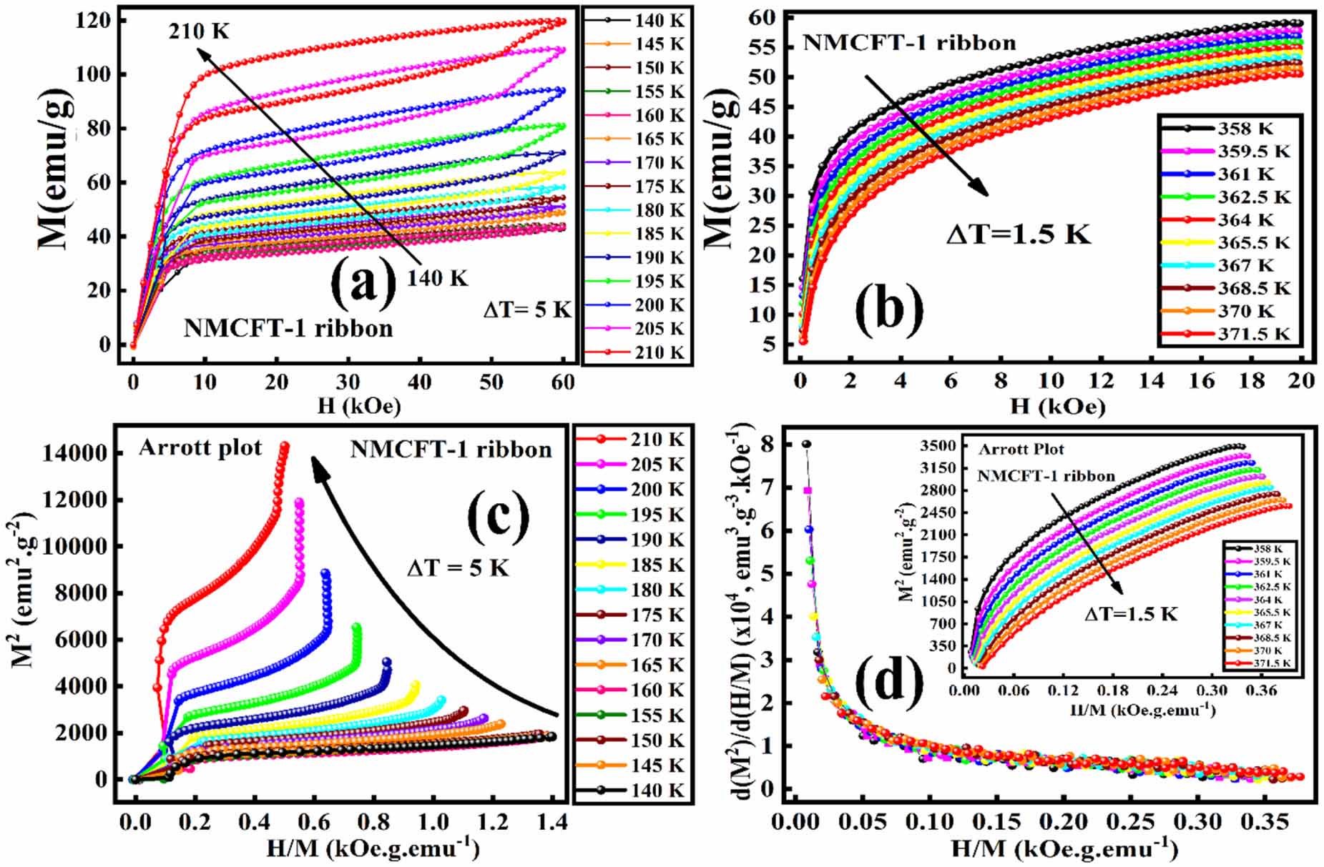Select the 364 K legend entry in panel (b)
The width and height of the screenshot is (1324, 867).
point(1245,220)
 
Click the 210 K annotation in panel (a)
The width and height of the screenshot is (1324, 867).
point(199,31)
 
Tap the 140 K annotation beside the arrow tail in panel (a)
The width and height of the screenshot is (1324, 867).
point(437,278)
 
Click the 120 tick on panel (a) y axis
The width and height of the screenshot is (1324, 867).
point(94,21)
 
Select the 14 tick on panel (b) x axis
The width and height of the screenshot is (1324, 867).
point(1151,381)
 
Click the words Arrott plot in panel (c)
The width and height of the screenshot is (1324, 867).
point(200,448)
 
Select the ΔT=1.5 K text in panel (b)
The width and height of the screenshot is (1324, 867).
point(1018,234)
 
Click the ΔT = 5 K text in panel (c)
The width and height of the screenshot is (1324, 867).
point(458,568)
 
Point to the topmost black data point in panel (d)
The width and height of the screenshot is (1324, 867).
point(806,444)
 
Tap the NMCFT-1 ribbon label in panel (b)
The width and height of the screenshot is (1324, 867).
point(908,43)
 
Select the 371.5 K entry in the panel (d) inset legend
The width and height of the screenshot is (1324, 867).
point(1272,663)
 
